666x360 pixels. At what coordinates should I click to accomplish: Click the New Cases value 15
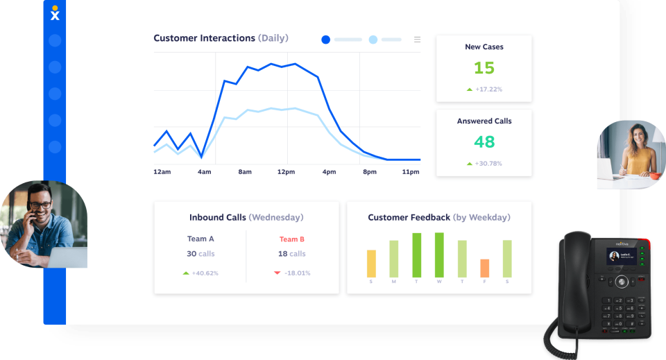[484, 68]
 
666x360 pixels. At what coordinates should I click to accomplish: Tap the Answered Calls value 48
[484, 142]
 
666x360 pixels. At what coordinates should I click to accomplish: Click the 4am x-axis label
[204, 171]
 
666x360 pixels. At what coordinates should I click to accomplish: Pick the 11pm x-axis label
[411, 171]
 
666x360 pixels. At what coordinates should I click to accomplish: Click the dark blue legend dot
[325, 40]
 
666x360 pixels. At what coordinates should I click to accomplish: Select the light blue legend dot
[373, 40]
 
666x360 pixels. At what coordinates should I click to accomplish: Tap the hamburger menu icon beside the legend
[417, 40]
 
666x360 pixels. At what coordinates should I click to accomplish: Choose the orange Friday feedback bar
[484, 268]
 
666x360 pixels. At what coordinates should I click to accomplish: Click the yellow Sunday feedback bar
[371, 264]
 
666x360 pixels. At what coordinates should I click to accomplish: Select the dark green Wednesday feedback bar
[439, 255]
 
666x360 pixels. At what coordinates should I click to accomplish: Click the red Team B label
[292, 239]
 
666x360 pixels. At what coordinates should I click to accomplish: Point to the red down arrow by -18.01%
[277, 273]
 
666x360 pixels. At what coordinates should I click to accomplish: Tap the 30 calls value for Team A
[201, 254]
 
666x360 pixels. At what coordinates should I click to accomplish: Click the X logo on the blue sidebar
[55, 14]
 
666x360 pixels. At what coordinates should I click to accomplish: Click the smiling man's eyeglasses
[41, 205]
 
